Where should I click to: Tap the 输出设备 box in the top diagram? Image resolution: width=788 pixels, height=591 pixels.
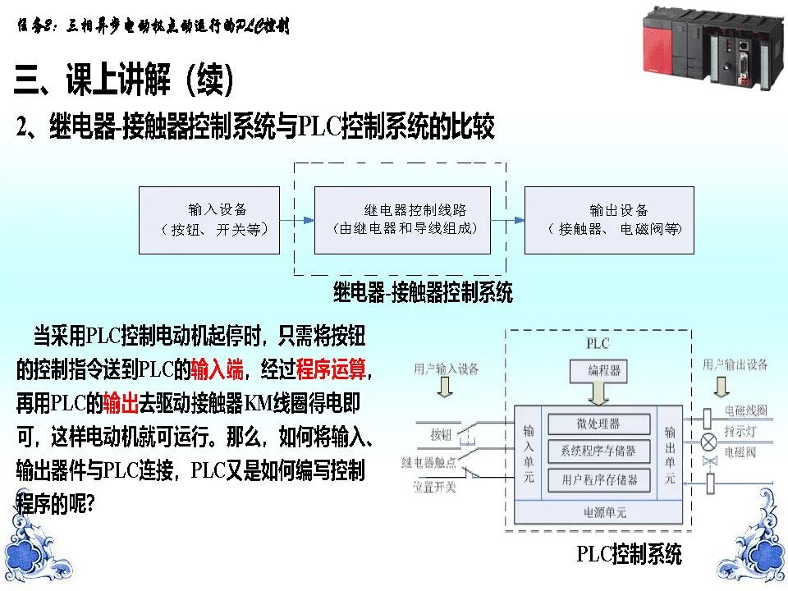click(x=609, y=220)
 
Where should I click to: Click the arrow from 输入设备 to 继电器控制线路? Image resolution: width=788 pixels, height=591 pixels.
click(x=297, y=220)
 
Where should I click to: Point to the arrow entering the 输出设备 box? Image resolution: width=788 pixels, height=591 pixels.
click(x=509, y=220)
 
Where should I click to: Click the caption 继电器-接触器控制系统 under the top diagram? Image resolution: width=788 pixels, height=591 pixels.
click(x=423, y=291)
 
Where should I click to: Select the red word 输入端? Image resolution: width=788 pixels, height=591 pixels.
click(x=217, y=370)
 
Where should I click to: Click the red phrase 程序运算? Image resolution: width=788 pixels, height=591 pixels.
click(x=331, y=370)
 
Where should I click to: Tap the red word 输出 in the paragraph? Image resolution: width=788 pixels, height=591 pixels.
click(x=119, y=404)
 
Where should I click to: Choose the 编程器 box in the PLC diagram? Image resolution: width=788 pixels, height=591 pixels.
click(x=604, y=371)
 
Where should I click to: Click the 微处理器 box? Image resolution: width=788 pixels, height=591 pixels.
click(x=598, y=424)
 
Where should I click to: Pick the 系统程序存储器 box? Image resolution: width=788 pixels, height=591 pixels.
click(x=598, y=451)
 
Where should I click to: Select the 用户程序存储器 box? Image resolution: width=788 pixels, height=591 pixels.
click(x=598, y=479)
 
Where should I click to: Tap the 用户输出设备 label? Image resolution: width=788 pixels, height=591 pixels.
click(x=735, y=364)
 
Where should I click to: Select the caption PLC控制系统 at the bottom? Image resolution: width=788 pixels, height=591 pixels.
click(x=629, y=554)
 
